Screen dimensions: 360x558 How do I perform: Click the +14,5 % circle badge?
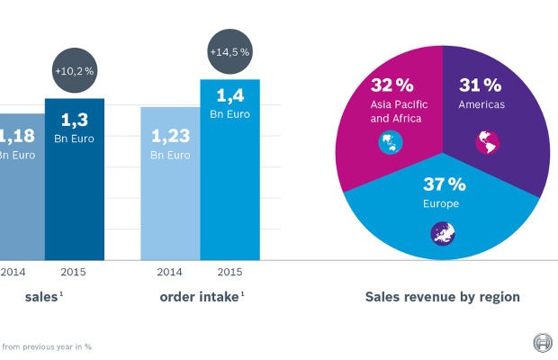click(230, 52)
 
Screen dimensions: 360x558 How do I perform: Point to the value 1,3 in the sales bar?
click(74, 120)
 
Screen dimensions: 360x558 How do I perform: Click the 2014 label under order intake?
click(170, 270)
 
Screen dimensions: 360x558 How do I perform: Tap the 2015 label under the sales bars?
click(74, 270)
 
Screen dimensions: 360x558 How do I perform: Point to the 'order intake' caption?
click(200, 296)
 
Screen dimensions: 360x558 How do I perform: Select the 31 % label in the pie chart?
click(481, 86)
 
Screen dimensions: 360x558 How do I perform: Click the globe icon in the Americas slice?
click(486, 141)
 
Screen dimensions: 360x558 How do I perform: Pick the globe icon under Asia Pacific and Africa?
click(390, 143)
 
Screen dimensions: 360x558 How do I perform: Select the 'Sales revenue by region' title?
click(442, 296)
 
